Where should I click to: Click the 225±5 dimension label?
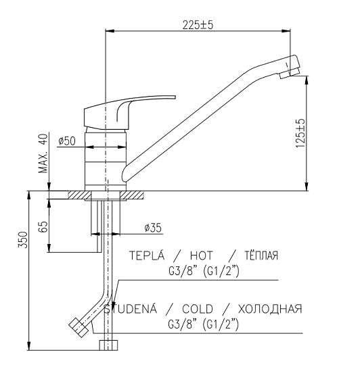[x=198, y=25]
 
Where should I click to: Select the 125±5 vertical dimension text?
[x=300, y=133]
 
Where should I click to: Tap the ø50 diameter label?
[x=67, y=141]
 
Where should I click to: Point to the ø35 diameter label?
[x=153, y=228]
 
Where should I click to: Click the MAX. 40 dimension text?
[x=43, y=153]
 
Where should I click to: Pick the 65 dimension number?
[x=43, y=226]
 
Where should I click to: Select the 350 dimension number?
[x=23, y=240]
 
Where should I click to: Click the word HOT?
[x=202, y=255]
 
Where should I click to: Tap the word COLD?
[x=198, y=309]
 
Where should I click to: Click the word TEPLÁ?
[x=147, y=255]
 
